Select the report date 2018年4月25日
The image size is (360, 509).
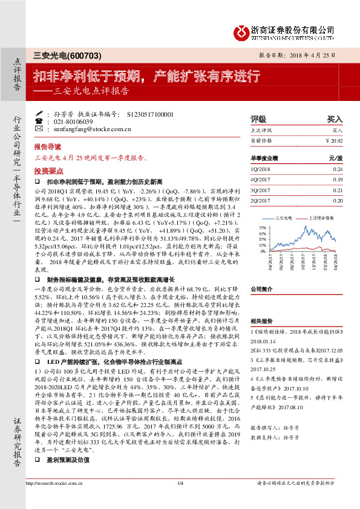pyautogui.click(x=318, y=54)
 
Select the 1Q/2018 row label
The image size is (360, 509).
pyautogui.click(x=260, y=169)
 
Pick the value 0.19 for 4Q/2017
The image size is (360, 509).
pyautogui.click(x=337, y=180)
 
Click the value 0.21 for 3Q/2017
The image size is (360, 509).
pyautogui.click(x=337, y=190)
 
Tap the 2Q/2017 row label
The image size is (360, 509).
pyautogui.click(x=260, y=200)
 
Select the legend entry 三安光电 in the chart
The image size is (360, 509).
pyautogui.click(x=284, y=216)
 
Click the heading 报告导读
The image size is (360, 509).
pyautogui.click(x=47, y=146)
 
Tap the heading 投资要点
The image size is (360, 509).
pyautogui.click(x=47, y=170)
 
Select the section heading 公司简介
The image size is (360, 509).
pyautogui.click(x=263, y=289)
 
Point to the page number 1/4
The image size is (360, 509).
pyautogui.click(x=180, y=500)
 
